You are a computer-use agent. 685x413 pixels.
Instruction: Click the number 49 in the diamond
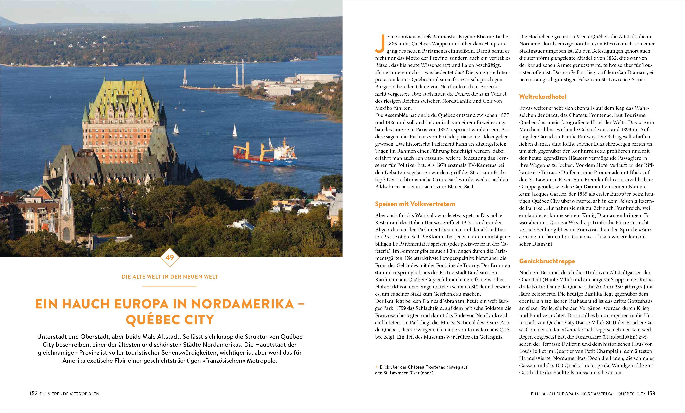coord(170,257)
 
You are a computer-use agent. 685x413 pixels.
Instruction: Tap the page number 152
coord(33,394)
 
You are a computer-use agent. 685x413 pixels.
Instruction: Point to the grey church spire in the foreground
coord(66,195)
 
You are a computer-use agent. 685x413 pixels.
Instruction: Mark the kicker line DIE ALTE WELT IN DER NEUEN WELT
coord(170,277)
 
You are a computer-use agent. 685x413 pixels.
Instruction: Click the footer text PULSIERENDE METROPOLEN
coord(70,394)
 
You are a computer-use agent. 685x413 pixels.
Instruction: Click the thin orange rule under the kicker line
coord(170,286)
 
